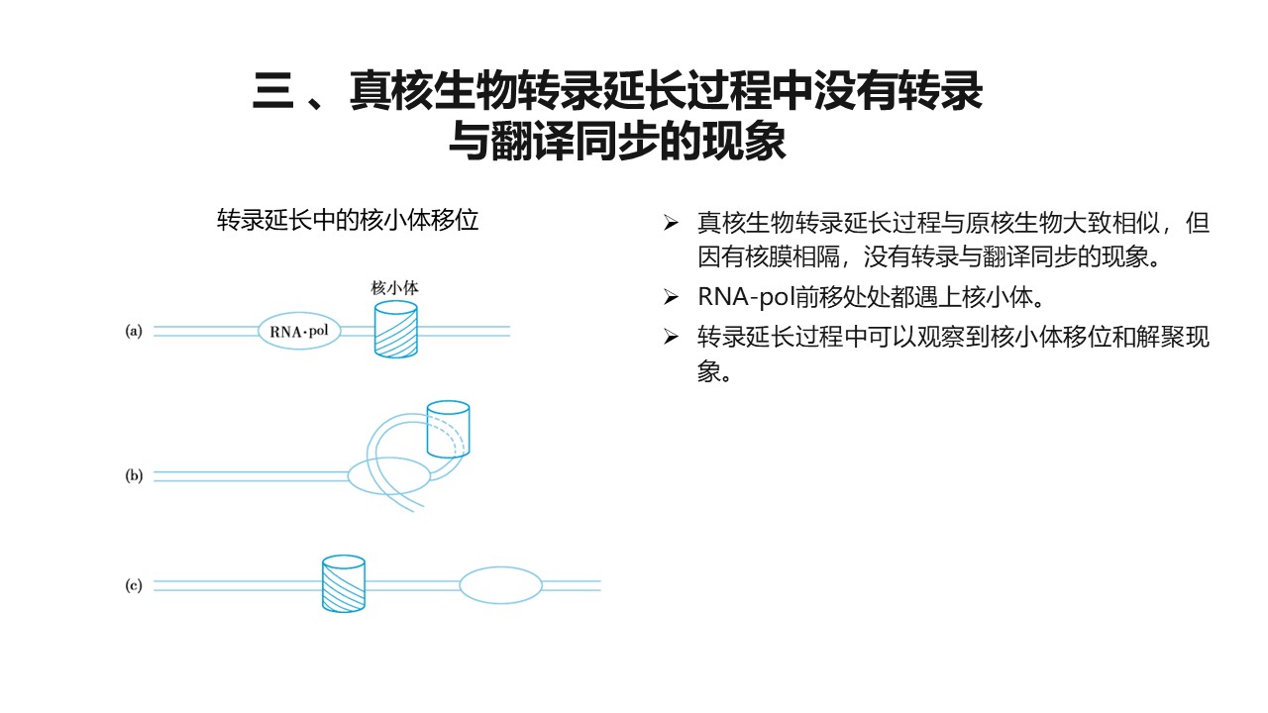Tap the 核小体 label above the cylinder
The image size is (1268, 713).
(x=394, y=288)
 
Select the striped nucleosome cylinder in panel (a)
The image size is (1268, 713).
(x=396, y=330)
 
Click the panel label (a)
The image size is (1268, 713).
(x=134, y=331)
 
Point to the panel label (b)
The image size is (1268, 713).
(x=134, y=474)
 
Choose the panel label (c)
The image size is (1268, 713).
(x=134, y=584)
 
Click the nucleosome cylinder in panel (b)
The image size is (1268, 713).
(x=448, y=429)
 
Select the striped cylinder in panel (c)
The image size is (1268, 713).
(x=344, y=583)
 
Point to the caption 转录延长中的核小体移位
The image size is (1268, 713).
(x=348, y=220)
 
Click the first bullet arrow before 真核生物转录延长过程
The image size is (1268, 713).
(x=671, y=223)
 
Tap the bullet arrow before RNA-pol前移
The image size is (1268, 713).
(x=671, y=297)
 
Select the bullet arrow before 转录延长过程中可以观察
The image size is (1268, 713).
(x=671, y=338)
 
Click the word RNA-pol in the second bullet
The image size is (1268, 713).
(x=746, y=297)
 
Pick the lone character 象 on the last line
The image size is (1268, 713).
(x=708, y=371)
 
